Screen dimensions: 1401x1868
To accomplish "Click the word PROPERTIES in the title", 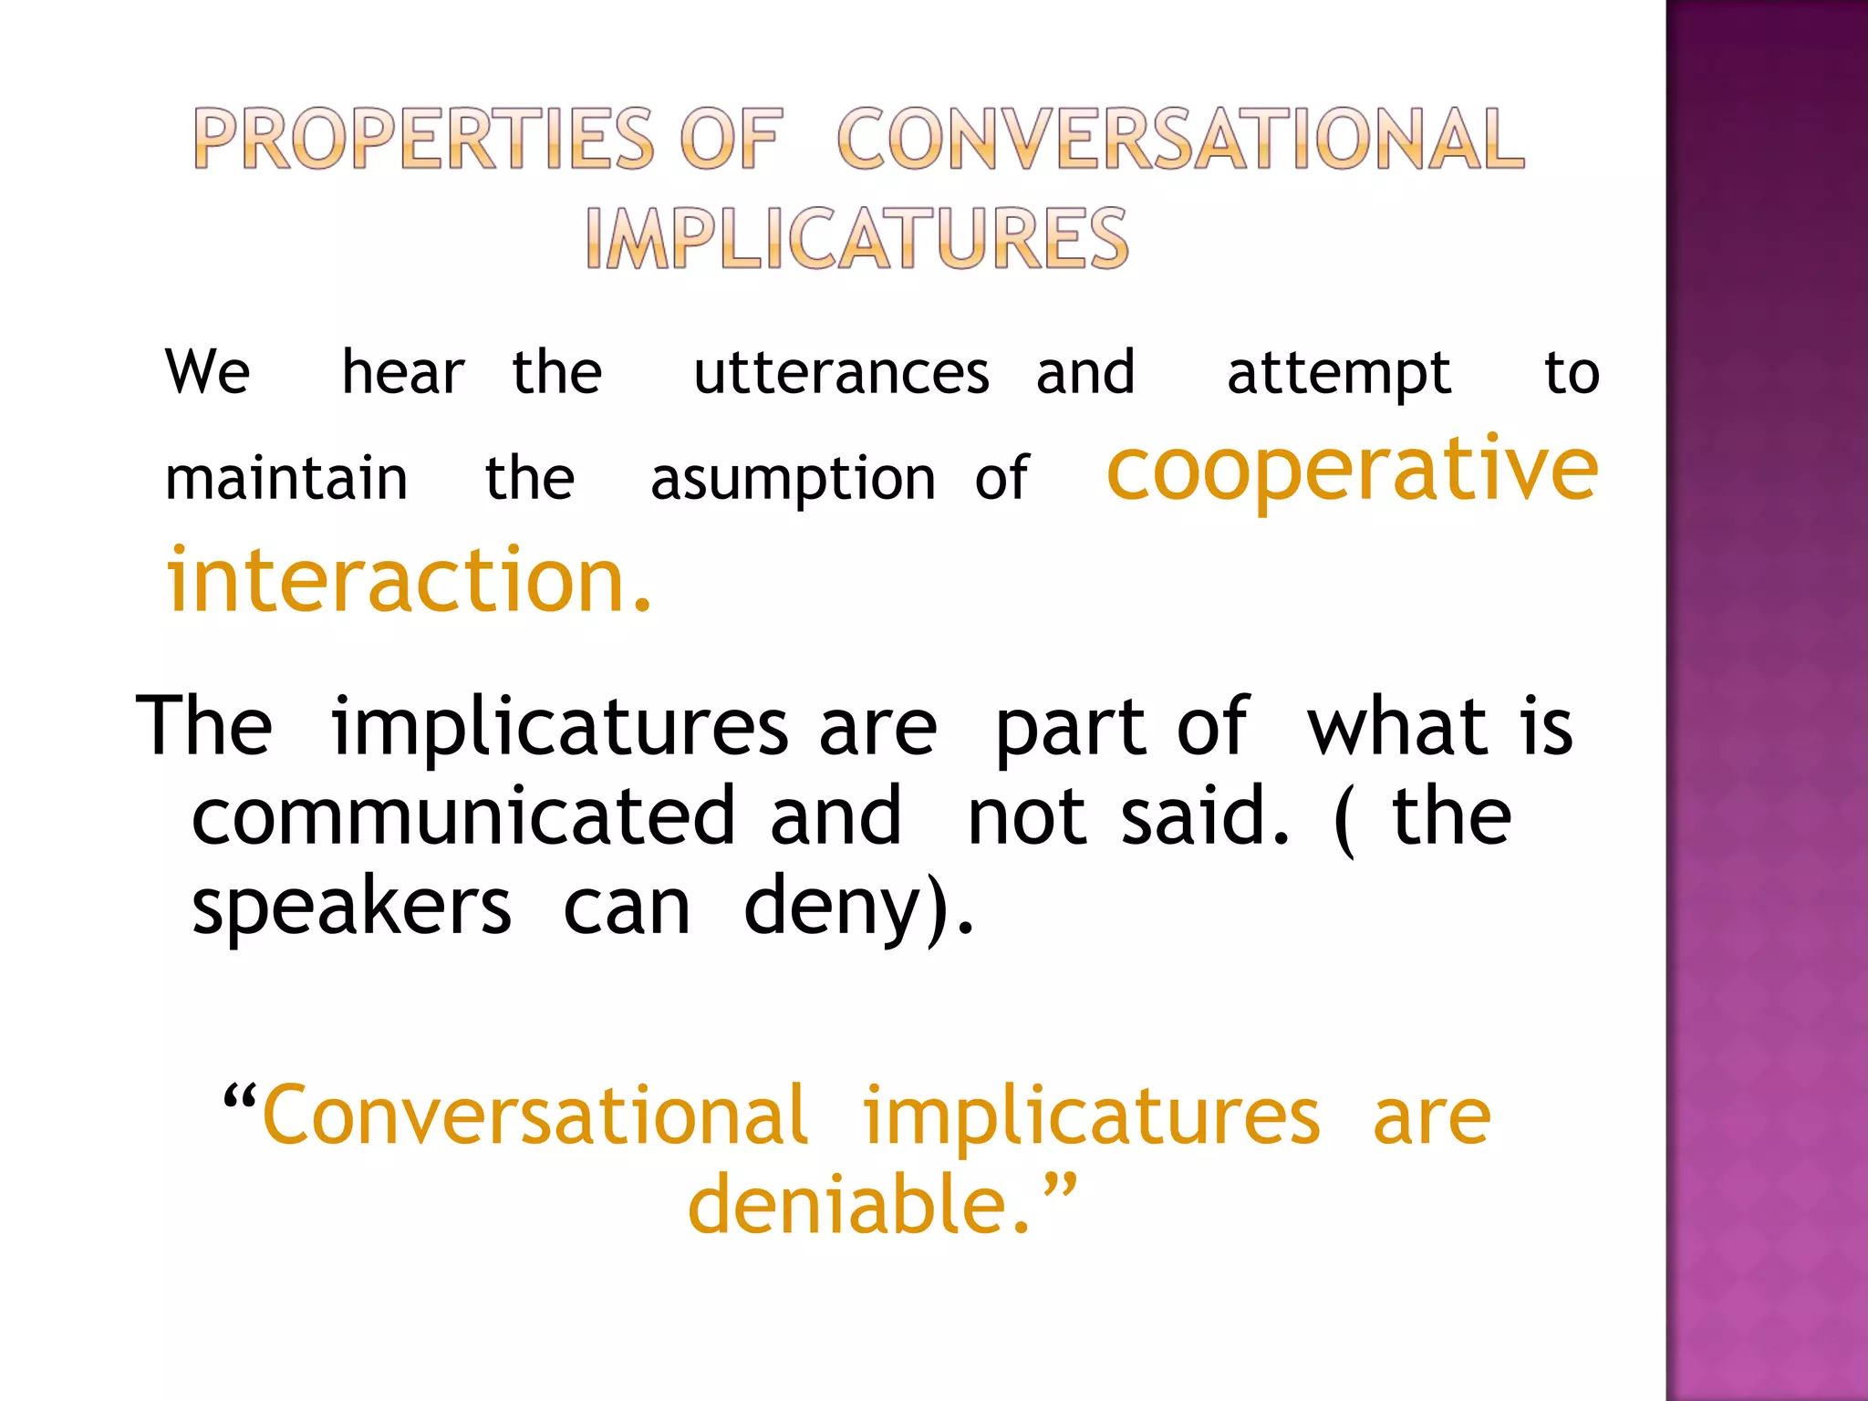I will [424, 139].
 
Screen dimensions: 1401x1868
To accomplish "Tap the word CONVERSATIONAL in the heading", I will [1180, 139].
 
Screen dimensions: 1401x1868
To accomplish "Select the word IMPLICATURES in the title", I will [856, 238].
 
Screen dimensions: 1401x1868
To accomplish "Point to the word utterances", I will [841, 373].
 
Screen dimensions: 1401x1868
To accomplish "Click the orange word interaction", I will [409, 579].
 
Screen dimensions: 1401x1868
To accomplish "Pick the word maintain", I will [285, 479].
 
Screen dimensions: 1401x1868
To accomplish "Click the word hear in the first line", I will [402, 373].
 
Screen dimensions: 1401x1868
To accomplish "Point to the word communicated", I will [463, 815].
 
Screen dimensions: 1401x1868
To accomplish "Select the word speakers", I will [351, 907].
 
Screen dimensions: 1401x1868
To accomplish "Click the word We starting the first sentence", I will [208, 372].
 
